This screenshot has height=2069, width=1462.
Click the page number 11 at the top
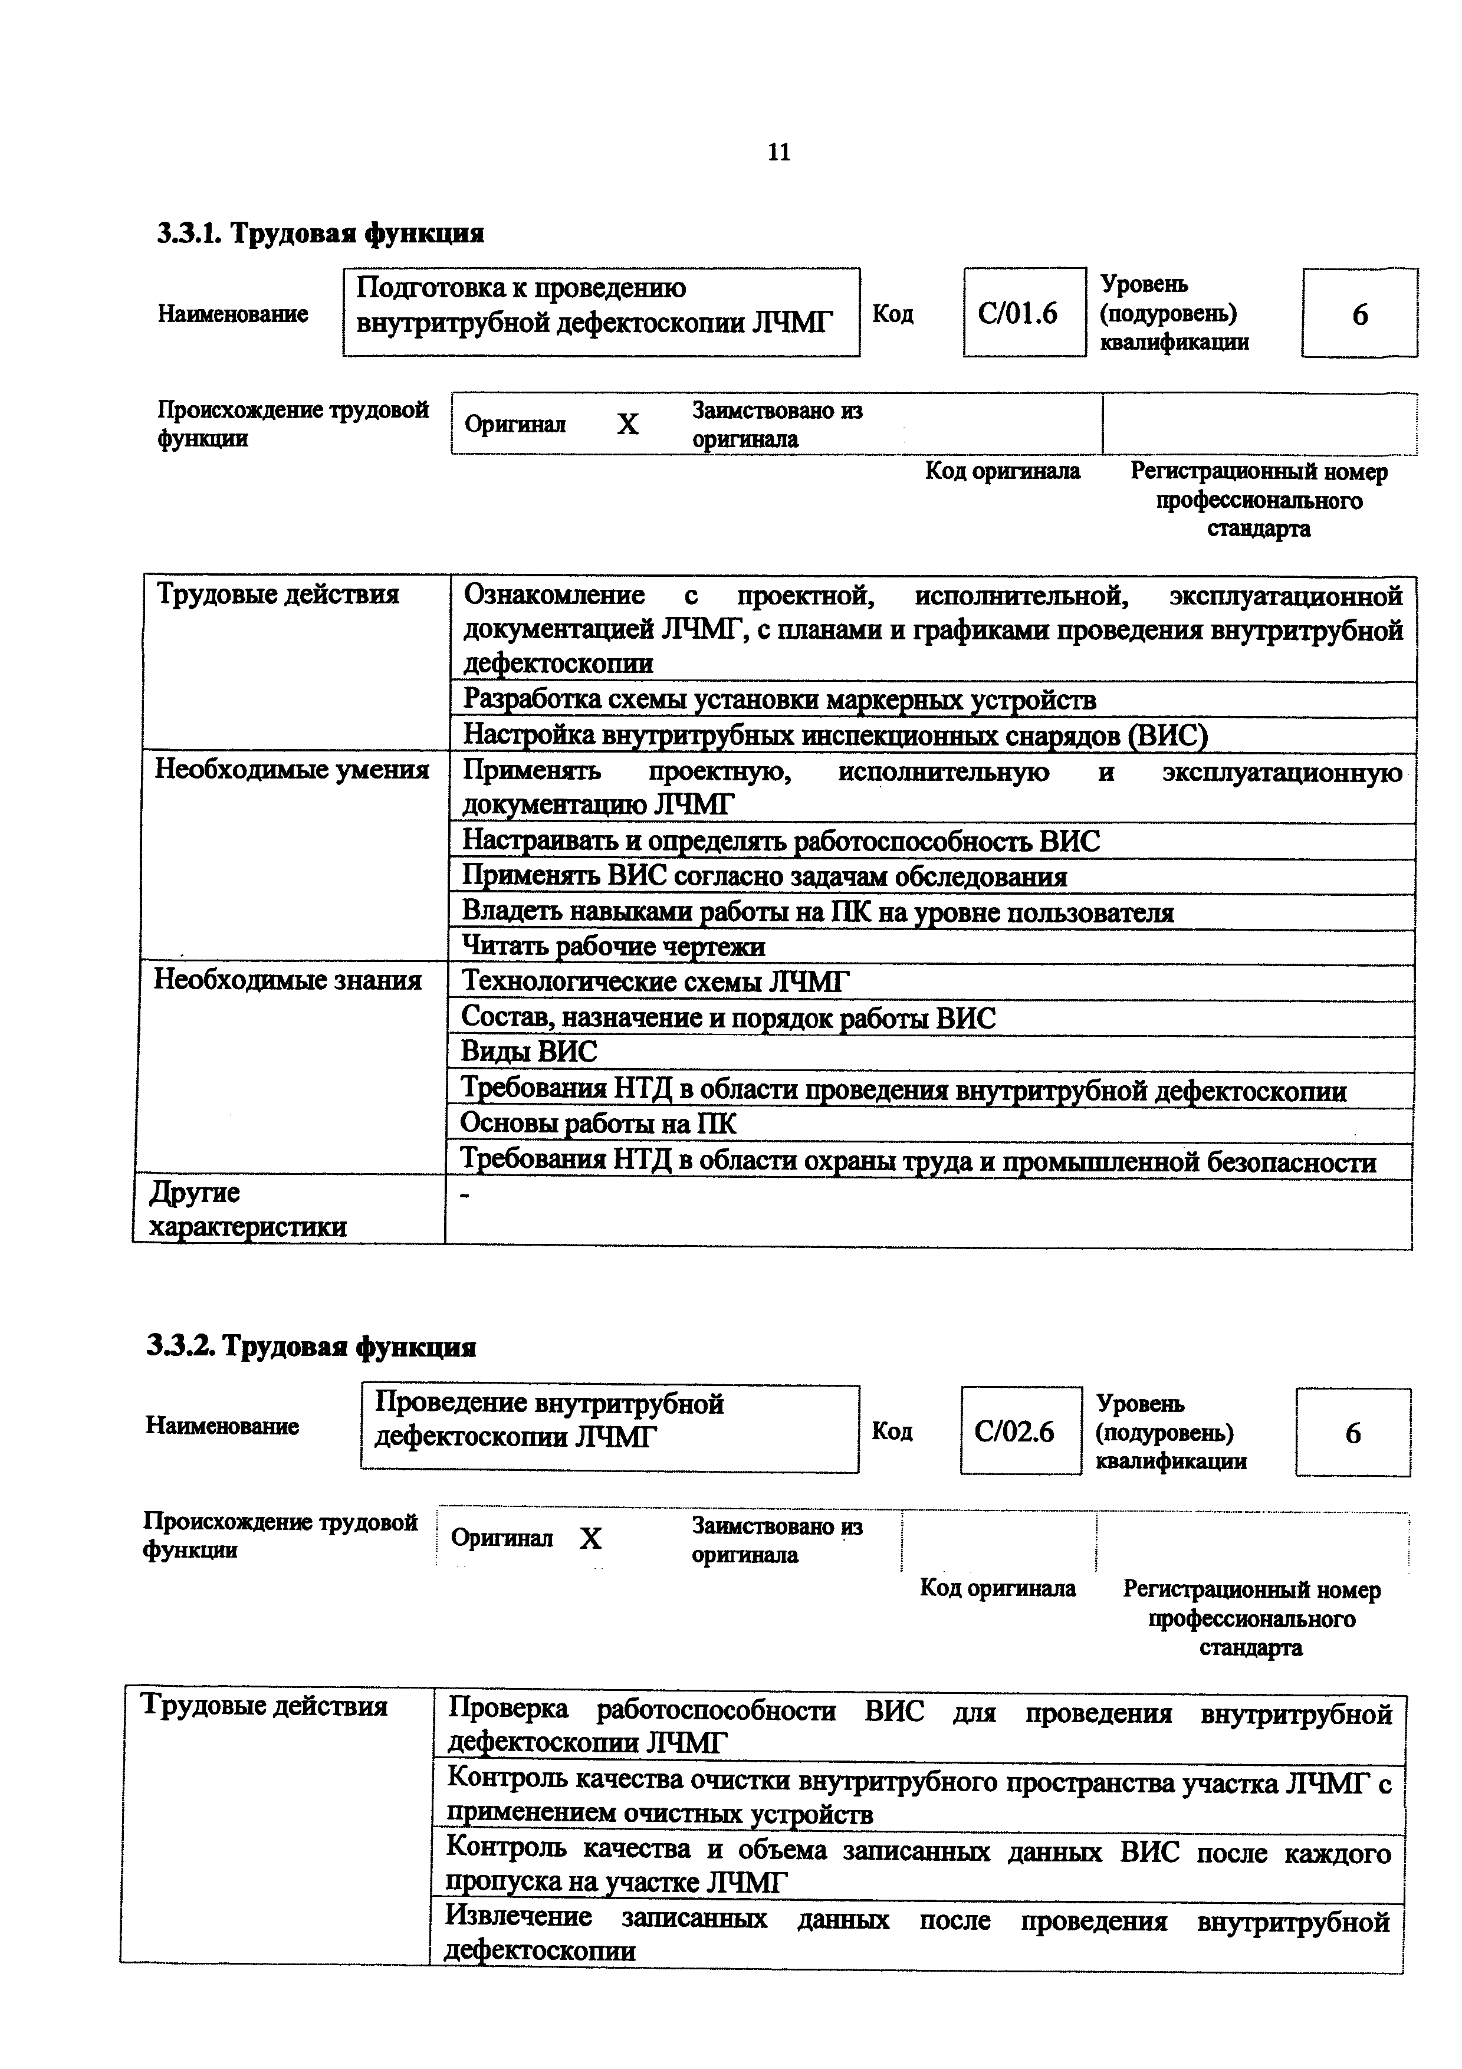pos(778,152)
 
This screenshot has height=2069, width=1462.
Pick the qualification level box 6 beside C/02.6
pos(1352,1433)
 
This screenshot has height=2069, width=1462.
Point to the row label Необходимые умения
pos(292,770)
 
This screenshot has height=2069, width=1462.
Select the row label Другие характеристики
pos(247,1209)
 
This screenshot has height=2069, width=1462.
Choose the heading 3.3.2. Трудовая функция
pos(311,1347)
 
